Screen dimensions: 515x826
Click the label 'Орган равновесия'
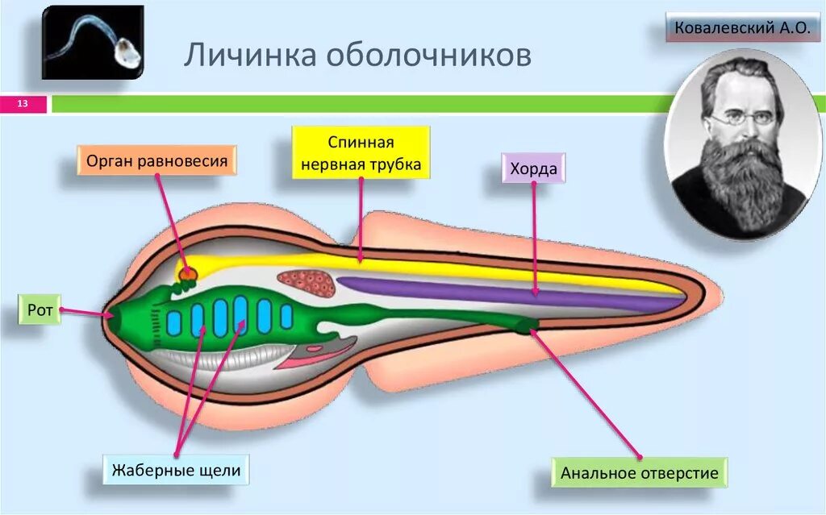157,160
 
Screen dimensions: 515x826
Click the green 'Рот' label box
40,309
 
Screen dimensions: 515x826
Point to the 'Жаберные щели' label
175,469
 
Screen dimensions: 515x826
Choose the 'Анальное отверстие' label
639,472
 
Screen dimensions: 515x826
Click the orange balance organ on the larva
188,274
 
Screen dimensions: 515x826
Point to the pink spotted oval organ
307,281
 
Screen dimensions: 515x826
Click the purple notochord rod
500,292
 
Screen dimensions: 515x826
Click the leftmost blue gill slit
173,322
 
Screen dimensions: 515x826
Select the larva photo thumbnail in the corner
92,42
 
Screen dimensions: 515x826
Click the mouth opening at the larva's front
111,315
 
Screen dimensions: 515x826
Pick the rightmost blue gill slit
286,317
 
